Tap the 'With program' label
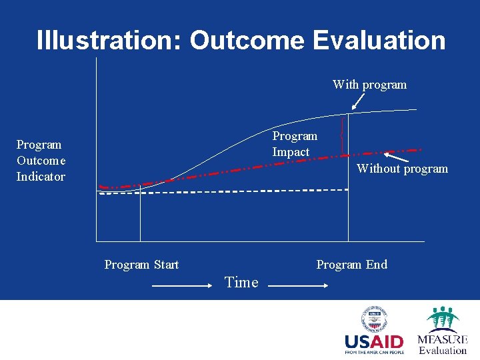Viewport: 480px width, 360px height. [x=369, y=85]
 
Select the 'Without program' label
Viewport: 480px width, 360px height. [x=402, y=169]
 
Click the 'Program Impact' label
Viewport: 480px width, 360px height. [x=294, y=144]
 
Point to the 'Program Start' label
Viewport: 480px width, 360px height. [x=141, y=265]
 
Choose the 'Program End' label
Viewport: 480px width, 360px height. [x=351, y=265]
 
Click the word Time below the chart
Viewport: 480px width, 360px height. [x=241, y=283]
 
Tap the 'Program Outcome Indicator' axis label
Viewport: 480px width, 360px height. [x=41, y=161]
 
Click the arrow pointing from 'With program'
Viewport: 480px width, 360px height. [x=359, y=101]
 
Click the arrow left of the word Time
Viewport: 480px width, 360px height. [x=182, y=285]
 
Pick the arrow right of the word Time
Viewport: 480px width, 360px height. [x=297, y=285]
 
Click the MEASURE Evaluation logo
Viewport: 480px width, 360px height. [x=442, y=331]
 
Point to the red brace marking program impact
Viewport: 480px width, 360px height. [x=342, y=135]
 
